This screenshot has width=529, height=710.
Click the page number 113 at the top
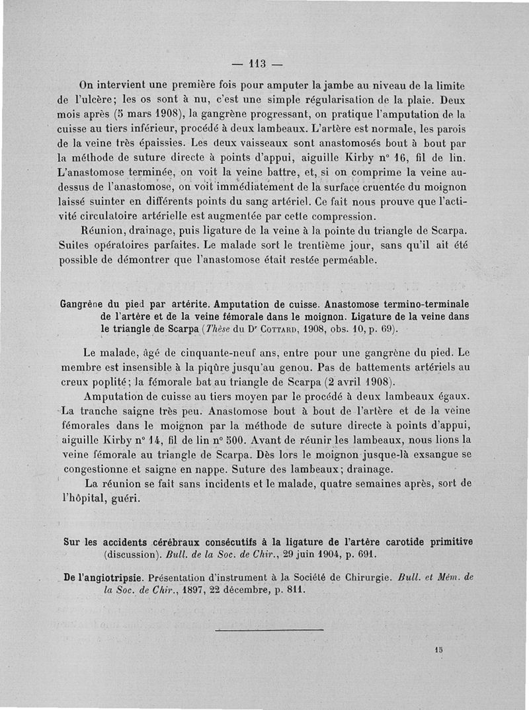tap(257, 64)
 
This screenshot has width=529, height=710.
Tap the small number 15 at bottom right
tap(438, 650)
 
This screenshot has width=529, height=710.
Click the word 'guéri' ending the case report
tap(124, 497)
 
